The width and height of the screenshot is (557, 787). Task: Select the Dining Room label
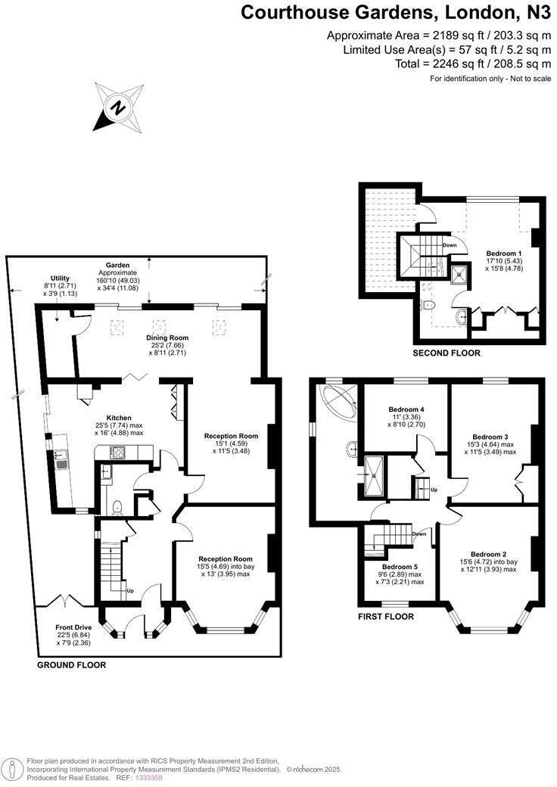point(168,338)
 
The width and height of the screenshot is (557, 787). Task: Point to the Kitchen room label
point(119,418)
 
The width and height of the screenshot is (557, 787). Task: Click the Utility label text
point(61,278)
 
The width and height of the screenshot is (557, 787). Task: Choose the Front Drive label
point(74,627)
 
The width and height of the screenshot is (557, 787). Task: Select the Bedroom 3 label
point(490,437)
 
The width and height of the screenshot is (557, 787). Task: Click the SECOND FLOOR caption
point(447,353)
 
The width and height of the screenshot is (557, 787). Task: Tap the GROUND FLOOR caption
point(72,665)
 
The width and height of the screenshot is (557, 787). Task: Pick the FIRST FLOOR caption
point(386,617)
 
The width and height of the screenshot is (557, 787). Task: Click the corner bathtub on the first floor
point(339,400)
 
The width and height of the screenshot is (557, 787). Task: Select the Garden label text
point(117,266)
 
